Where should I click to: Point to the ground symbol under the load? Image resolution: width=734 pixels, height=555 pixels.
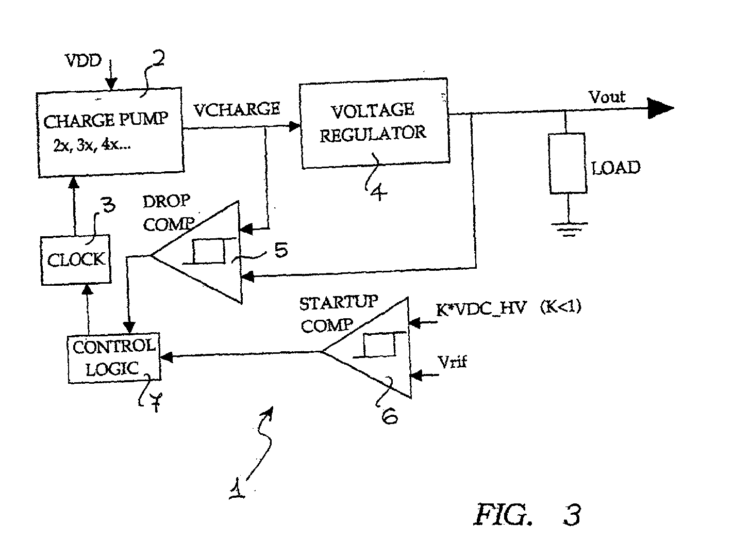pyautogui.click(x=569, y=230)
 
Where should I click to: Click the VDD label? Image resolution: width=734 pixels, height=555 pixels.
pyautogui.click(x=84, y=61)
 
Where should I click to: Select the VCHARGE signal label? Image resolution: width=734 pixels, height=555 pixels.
pyautogui.click(x=237, y=109)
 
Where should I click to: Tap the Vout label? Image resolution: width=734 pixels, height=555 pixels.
pyautogui.click(x=607, y=97)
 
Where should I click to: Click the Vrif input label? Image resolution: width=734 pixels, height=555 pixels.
pyautogui.click(x=452, y=362)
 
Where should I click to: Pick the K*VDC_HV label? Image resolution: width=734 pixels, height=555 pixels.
pyautogui.click(x=481, y=308)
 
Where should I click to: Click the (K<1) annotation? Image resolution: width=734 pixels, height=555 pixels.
pyautogui.click(x=561, y=306)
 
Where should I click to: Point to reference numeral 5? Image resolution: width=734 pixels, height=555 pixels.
pyautogui.click(x=281, y=250)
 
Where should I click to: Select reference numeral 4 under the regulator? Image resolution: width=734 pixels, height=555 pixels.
pyautogui.click(x=379, y=192)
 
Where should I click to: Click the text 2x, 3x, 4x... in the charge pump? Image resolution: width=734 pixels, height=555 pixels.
pyautogui.click(x=92, y=145)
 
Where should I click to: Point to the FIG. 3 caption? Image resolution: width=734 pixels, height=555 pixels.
pyautogui.click(x=528, y=515)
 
